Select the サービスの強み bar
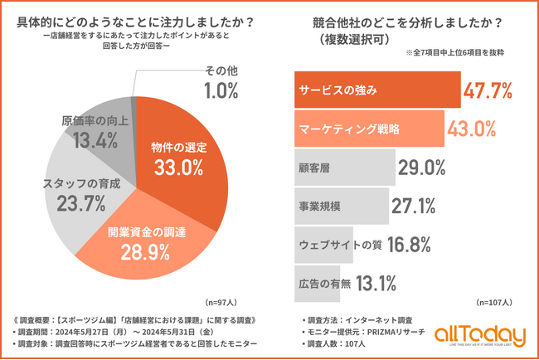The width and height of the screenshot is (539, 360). pyautogui.click(x=377, y=90)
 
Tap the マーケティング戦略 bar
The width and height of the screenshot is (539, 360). pyautogui.click(x=368, y=129)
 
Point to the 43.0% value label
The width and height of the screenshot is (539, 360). pyautogui.click(x=472, y=129)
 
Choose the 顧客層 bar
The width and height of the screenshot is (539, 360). pyautogui.click(x=344, y=167)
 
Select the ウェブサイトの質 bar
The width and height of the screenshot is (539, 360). pyautogui.click(x=324, y=244)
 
